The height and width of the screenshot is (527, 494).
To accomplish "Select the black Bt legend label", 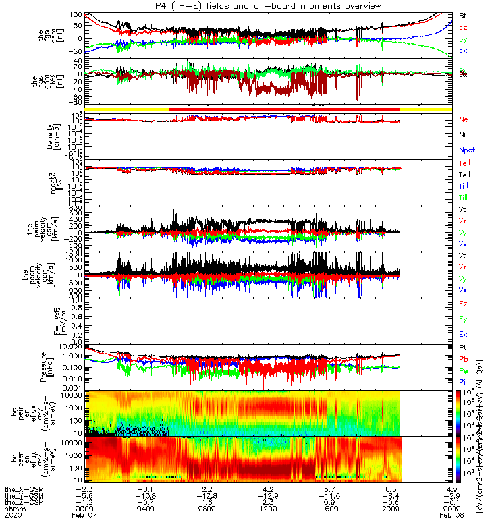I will pyautogui.click(x=463, y=15).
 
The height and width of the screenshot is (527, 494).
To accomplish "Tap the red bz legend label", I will pyautogui.click(x=463, y=27).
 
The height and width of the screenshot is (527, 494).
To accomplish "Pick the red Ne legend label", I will pyautogui.click(x=464, y=119).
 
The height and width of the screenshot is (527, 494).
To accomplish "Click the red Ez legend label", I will pyautogui.click(x=464, y=304).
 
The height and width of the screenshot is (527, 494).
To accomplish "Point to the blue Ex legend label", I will pyautogui.click(x=464, y=334).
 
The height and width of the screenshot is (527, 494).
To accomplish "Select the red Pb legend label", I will pyautogui.click(x=464, y=359).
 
